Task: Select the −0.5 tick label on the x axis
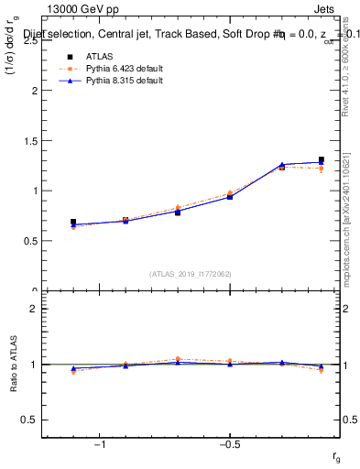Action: [228, 445]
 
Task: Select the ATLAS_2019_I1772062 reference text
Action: [191, 273]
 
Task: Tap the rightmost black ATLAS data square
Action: [321, 160]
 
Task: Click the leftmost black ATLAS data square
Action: [73, 223]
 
